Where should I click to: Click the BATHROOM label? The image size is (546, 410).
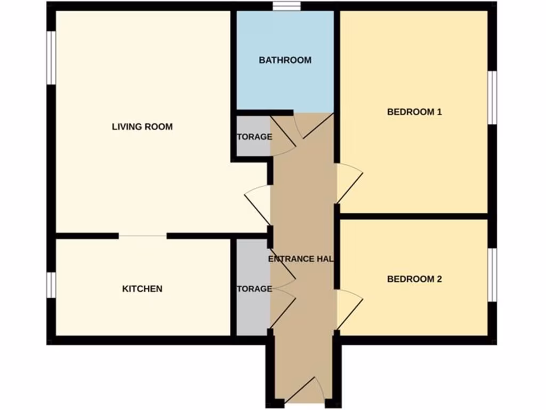(x=285, y=60)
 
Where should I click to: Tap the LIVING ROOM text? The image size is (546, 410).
(x=142, y=127)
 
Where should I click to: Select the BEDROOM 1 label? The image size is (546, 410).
(x=414, y=112)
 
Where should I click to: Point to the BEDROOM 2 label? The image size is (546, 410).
(x=414, y=279)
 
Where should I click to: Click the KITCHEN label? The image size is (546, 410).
(x=142, y=289)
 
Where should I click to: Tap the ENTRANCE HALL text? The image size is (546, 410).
(x=301, y=259)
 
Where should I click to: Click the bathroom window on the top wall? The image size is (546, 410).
(x=287, y=6)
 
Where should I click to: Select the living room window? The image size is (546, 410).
(x=51, y=58)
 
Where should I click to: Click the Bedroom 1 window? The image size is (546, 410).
(x=493, y=97)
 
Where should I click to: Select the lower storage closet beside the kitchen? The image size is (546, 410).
(x=252, y=289)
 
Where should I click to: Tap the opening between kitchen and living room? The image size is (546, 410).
(x=142, y=235)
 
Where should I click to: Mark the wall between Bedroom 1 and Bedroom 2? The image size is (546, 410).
(x=414, y=216)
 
